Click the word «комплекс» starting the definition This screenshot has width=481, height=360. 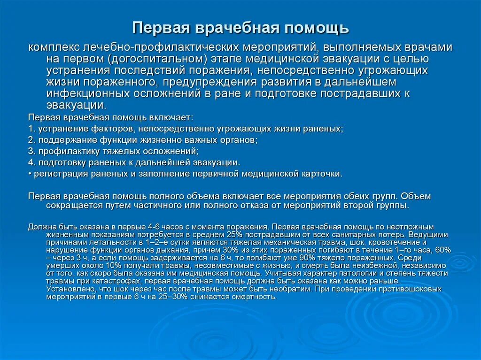point(53,48)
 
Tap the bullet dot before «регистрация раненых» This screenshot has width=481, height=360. point(30,174)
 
